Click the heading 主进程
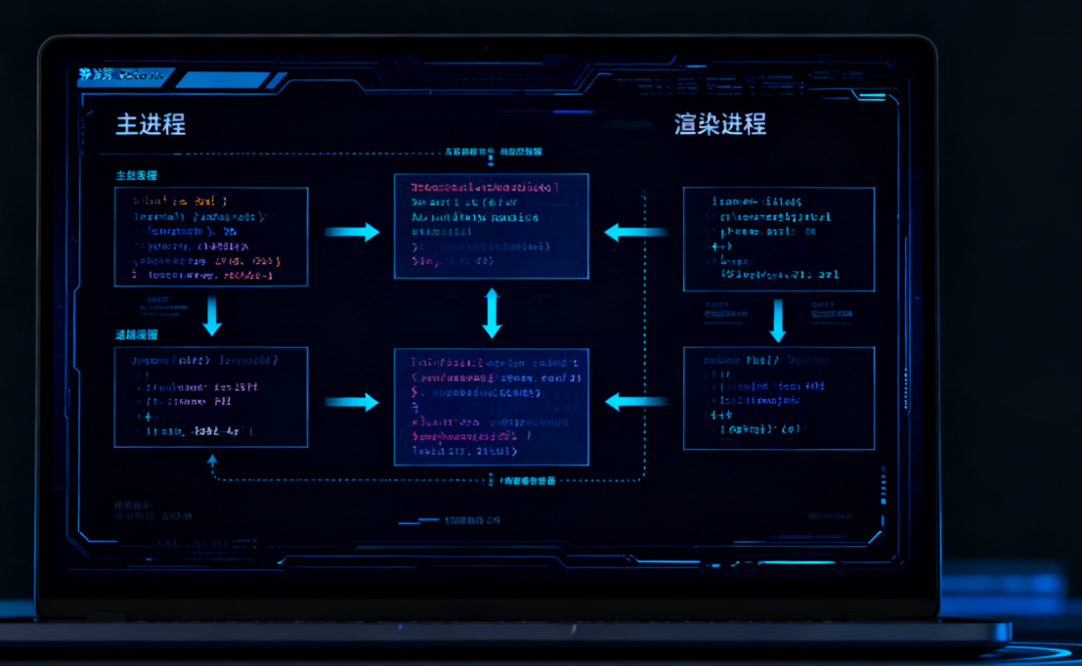pyautogui.click(x=151, y=124)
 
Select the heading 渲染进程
pyautogui.click(x=719, y=124)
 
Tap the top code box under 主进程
pyautogui.click(x=211, y=237)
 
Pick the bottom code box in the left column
pyautogui.click(x=211, y=397)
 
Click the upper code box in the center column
pyautogui.click(x=491, y=226)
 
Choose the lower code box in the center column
pyautogui.click(x=491, y=406)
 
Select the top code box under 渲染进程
pyautogui.click(x=778, y=240)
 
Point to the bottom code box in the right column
pyautogui.click(x=778, y=397)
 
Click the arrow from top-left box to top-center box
pyautogui.click(x=352, y=232)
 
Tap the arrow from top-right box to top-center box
pyautogui.click(x=634, y=232)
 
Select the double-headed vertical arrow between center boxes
pyautogui.click(x=492, y=313)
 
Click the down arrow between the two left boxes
pyautogui.click(x=211, y=316)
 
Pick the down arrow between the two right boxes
pyautogui.click(x=778, y=320)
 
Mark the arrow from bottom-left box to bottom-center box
pyautogui.click(x=352, y=402)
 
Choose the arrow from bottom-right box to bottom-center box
pyautogui.click(x=634, y=401)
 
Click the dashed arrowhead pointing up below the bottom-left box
pyautogui.click(x=212, y=459)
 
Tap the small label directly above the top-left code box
pyautogui.click(x=137, y=176)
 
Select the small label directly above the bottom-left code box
pyautogui.click(x=137, y=334)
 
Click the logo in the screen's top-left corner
pyautogui.click(x=97, y=74)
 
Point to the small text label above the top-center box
pyautogui.click(x=493, y=153)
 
